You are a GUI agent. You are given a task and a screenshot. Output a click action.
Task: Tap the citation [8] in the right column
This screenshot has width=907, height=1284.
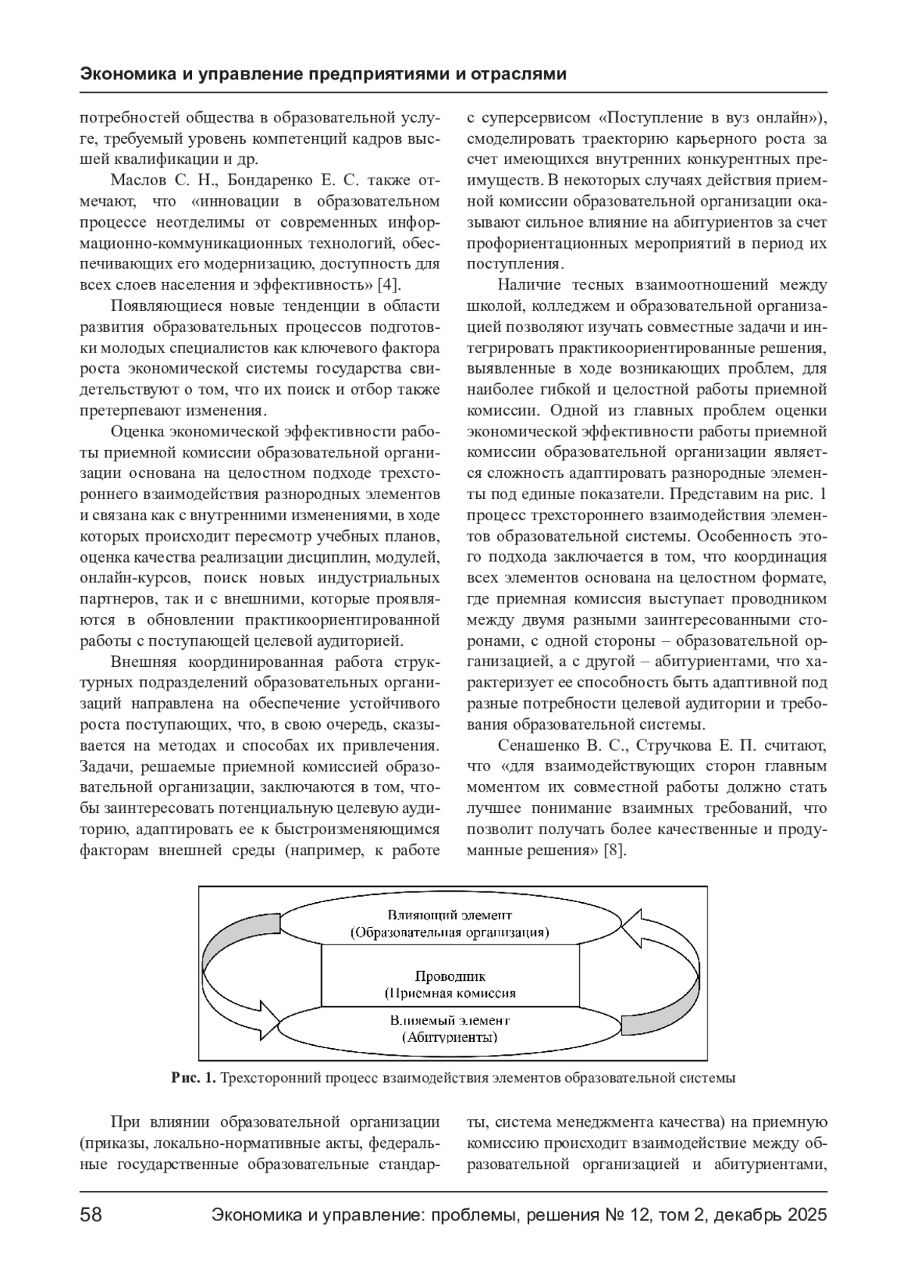click(x=614, y=850)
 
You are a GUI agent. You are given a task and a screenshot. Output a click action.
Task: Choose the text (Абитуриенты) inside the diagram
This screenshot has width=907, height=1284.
click(x=450, y=1037)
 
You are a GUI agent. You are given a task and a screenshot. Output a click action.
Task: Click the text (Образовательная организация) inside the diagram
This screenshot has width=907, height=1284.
click(x=450, y=932)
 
